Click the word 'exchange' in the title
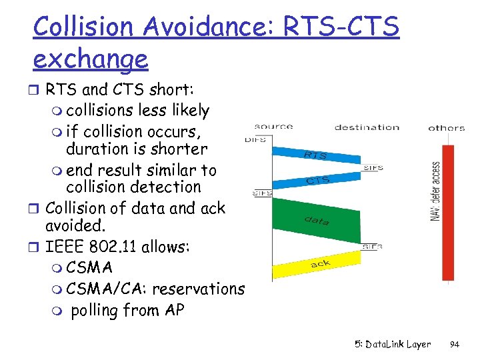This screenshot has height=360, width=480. point(90,59)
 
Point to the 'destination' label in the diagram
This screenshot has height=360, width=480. point(366,127)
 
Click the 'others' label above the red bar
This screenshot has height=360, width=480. point(446,127)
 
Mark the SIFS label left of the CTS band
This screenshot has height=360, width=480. point(262,193)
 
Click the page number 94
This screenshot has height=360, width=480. point(455,345)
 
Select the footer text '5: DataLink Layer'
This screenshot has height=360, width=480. point(393,345)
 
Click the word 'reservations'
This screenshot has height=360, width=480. point(198,289)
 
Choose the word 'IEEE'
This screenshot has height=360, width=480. point(64,247)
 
